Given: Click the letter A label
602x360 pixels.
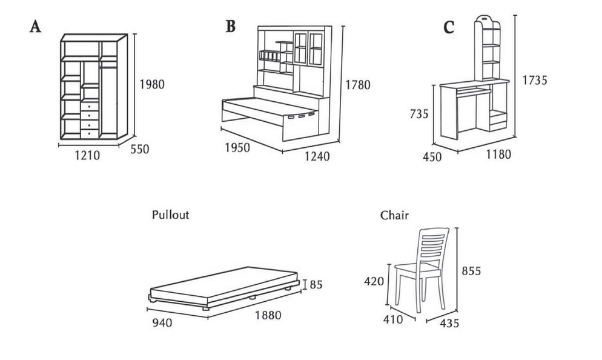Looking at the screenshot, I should [36, 28].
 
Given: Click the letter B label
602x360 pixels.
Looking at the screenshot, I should [230, 27].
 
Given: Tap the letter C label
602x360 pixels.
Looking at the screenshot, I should [449, 28].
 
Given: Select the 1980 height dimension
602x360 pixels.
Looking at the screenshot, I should [151, 84].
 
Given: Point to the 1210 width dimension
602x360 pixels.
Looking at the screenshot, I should [87, 156].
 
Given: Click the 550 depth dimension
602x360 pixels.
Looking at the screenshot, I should [139, 149].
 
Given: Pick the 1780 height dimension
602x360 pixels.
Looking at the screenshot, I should [357, 85].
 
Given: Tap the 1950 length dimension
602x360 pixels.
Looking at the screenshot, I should [237, 147].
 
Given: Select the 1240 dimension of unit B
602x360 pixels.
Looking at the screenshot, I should [317, 157].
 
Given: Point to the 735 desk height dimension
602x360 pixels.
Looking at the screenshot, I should [420, 113].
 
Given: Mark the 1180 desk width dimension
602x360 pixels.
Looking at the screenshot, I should [498, 155].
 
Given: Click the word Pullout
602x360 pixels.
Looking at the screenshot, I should [170, 215].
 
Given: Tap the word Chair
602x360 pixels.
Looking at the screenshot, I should [394, 215].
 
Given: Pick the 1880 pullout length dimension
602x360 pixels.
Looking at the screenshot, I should [268, 315].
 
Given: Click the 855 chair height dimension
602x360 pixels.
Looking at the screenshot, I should [471, 270].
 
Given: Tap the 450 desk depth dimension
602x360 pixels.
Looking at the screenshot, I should [432, 157].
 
